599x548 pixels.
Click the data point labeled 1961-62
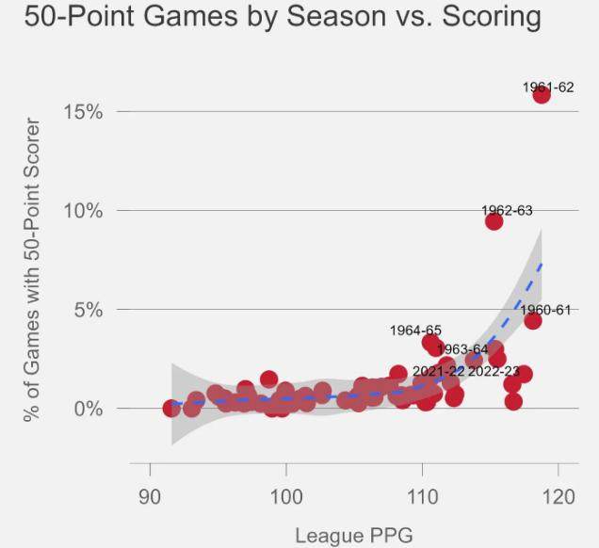click(x=542, y=94)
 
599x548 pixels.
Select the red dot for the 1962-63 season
click(x=494, y=221)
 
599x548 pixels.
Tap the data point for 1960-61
click(x=533, y=320)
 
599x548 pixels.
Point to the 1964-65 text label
click(x=415, y=330)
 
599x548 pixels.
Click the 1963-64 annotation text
click(x=462, y=350)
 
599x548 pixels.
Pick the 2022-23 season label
click(x=494, y=372)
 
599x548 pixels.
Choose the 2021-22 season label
click(x=437, y=372)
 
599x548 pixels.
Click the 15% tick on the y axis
click(x=83, y=112)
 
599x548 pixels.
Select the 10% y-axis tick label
click(x=83, y=210)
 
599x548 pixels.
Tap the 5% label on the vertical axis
click(x=88, y=310)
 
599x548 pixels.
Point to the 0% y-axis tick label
click(x=88, y=409)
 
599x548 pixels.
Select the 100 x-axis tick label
click(x=285, y=496)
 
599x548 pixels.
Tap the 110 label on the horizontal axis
click(x=422, y=496)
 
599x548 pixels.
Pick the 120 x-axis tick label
click(x=558, y=496)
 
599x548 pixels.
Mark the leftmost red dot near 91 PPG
click(x=171, y=409)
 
